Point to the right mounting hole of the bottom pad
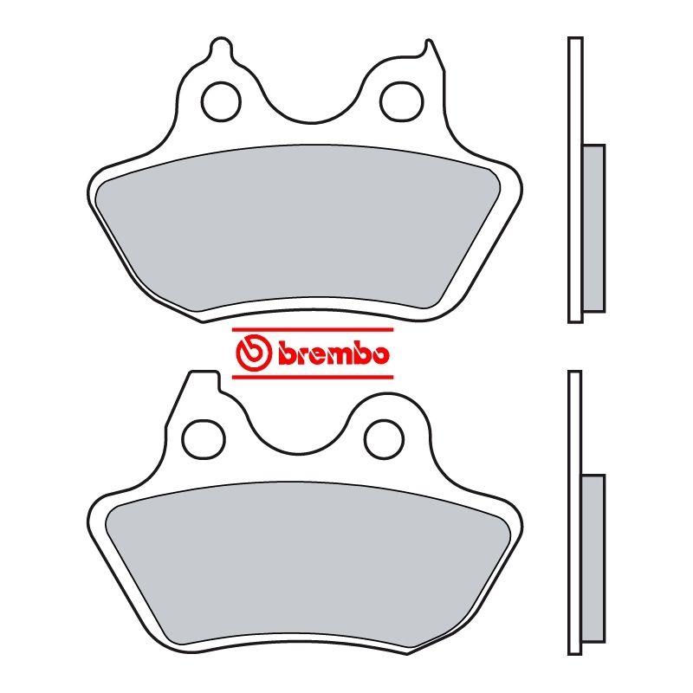pyautogui.click(x=382, y=438)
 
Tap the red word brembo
pyautogui.click(x=334, y=353)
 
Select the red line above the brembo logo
pyautogui.click(x=313, y=330)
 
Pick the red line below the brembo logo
pyautogui.click(x=313, y=377)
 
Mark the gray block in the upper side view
pyautogui.click(x=593, y=228)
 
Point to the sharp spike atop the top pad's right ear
pyautogui.click(x=426, y=45)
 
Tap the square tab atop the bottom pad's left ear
pyautogui.click(x=203, y=378)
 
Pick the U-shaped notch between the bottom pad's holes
pyautogui.click(x=294, y=442)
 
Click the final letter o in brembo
pyautogui.click(x=379, y=355)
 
